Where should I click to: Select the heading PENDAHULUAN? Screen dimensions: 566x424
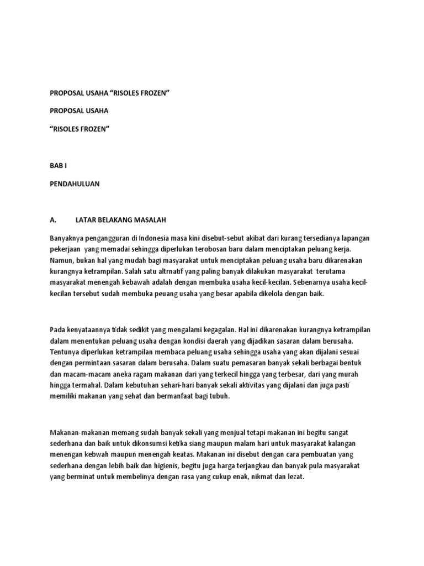click(x=75, y=184)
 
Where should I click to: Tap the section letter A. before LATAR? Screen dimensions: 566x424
click(x=53, y=219)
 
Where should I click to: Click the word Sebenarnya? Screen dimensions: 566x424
click(x=308, y=283)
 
